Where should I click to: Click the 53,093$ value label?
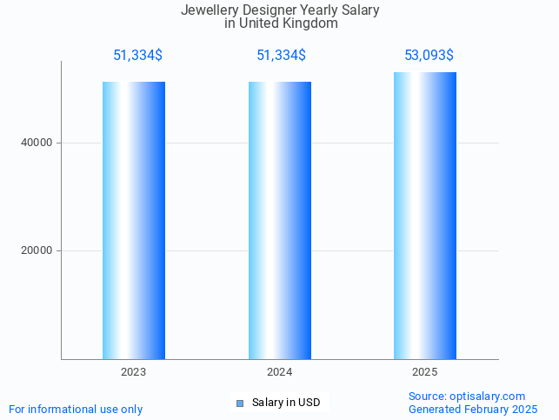click(x=429, y=56)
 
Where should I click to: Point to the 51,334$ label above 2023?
click(x=137, y=56)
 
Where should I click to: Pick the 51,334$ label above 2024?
click(x=281, y=56)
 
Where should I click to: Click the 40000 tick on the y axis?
click(x=37, y=143)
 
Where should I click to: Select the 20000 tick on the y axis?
click(x=37, y=250)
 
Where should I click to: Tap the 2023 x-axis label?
click(x=134, y=372)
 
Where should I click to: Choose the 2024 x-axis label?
click(x=280, y=372)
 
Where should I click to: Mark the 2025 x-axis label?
click(x=425, y=372)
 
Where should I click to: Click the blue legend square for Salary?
click(x=240, y=403)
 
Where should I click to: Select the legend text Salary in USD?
click(x=286, y=403)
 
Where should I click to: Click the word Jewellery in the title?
click(x=209, y=10)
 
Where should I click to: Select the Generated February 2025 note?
click(x=473, y=409)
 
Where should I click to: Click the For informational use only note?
click(x=76, y=409)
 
